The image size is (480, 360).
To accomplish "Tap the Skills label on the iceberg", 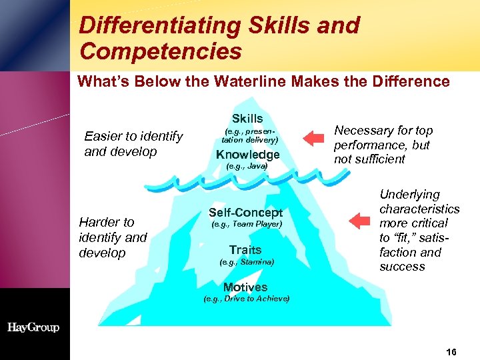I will tap(247, 119).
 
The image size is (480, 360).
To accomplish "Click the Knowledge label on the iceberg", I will tap(247, 155).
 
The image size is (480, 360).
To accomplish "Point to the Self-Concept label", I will tap(246, 213).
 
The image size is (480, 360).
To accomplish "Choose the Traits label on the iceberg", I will tap(245, 250).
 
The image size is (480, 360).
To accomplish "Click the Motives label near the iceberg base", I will tap(245, 287).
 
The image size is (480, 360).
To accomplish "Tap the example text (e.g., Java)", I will tap(247, 166).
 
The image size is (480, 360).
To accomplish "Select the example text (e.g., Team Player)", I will tap(247, 225).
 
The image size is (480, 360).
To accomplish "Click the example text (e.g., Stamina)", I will tap(246, 262).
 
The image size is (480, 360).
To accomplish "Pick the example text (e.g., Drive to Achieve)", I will tap(246, 299).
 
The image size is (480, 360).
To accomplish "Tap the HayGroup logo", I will tap(33, 327).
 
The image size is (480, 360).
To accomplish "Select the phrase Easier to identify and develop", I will tap(133, 143).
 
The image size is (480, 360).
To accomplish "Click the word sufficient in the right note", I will tap(379, 159).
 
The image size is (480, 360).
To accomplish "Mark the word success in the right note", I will tap(402, 267).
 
